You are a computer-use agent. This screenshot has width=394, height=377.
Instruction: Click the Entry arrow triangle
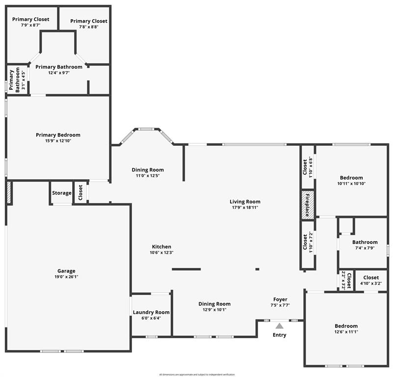(x=279, y=325)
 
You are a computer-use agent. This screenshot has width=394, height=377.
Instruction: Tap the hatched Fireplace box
(x=307, y=204)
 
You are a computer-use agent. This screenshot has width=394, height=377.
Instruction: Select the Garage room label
(x=66, y=271)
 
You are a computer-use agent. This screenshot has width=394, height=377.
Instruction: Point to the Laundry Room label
(x=152, y=312)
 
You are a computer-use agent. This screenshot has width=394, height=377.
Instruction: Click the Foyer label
(x=280, y=299)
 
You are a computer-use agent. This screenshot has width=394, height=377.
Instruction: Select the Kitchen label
(x=161, y=247)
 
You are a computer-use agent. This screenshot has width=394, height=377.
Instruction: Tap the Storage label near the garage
(x=62, y=193)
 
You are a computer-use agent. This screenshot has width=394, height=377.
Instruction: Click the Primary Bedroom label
(x=58, y=135)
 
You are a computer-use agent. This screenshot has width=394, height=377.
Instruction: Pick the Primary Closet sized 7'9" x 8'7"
(x=31, y=20)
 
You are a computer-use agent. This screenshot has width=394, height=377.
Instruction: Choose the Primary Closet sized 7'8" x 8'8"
(x=89, y=21)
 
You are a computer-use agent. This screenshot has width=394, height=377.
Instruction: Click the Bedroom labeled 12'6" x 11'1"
(x=346, y=326)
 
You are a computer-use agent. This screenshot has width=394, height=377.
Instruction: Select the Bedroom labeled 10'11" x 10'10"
(x=351, y=178)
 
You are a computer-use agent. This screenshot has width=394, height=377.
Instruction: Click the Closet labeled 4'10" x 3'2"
(x=371, y=278)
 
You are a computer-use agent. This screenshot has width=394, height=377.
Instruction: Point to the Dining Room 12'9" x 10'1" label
(x=214, y=304)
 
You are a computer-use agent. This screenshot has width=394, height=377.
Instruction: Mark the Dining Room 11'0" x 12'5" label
(x=148, y=170)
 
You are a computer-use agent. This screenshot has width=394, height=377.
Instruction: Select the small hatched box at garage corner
(x=8, y=192)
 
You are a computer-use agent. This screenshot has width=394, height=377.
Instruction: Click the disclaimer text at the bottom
(x=197, y=375)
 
